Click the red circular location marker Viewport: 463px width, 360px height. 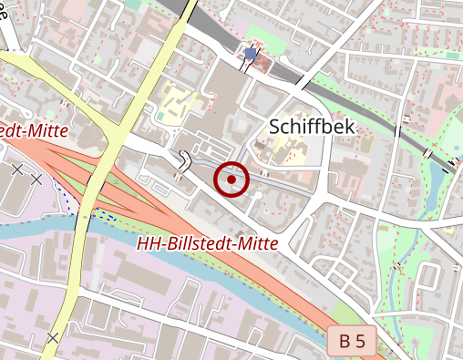click(232, 180)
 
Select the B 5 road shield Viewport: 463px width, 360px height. click(352, 342)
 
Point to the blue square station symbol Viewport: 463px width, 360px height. click(251, 54)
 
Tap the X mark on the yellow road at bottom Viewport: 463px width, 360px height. click(53, 338)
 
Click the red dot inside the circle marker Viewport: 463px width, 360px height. click(232, 180)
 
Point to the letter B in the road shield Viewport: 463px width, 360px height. click(345, 342)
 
